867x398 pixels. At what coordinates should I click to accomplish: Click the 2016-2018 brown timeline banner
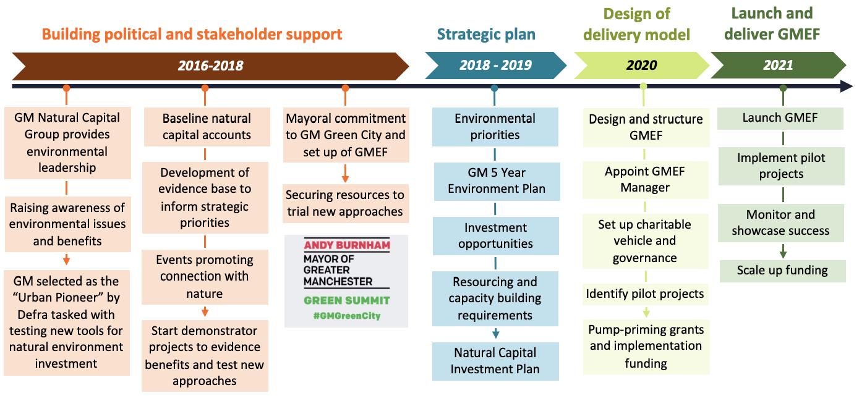[210, 66]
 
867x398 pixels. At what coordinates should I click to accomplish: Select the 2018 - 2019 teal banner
[495, 66]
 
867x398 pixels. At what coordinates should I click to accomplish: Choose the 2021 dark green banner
[777, 66]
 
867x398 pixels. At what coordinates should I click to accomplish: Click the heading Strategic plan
[486, 34]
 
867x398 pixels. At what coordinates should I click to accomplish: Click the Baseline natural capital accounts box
[207, 127]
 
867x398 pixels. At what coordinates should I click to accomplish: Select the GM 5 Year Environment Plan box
[497, 180]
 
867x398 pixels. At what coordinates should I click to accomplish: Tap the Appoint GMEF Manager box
[644, 180]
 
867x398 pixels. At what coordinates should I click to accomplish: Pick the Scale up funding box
[782, 270]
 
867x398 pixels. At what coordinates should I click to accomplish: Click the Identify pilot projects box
[644, 294]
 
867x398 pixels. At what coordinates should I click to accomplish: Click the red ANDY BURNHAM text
[347, 245]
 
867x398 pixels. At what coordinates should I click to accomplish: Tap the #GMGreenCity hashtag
[346, 316]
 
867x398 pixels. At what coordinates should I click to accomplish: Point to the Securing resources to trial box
[345, 203]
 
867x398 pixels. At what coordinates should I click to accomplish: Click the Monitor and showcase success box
[780, 222]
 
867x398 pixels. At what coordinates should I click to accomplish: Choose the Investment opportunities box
[495, 235]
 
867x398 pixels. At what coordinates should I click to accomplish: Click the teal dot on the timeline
[494, 88]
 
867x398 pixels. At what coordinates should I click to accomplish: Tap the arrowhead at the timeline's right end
[847, 87]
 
